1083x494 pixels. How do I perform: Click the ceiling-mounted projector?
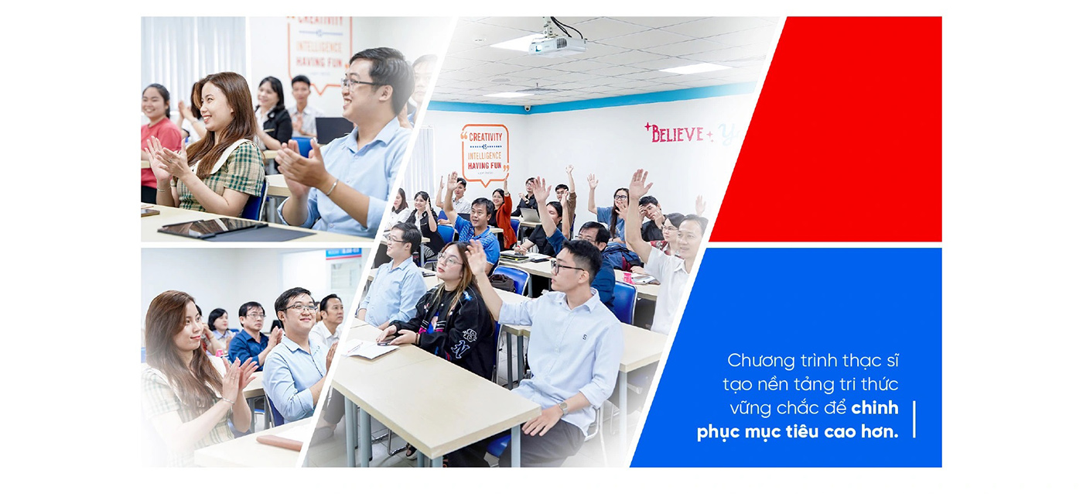coord(557,46)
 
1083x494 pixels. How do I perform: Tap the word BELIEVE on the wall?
coord(677,134)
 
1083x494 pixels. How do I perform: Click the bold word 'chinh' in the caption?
coord(874,408)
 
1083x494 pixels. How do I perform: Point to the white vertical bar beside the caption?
coord(914,419)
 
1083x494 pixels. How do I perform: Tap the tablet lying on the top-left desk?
coord(210,227)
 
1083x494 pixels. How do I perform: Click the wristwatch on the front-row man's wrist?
coord(562,407)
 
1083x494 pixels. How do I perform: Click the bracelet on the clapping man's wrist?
coord(331,187)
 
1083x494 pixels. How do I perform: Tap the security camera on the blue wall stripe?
coord(527,108)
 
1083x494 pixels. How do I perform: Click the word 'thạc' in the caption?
coord(839,361)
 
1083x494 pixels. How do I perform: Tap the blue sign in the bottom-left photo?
coord(343,253)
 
